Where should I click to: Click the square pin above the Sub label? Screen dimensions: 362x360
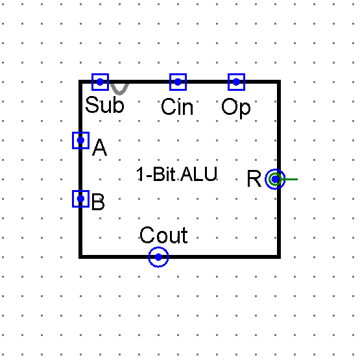point(100,82)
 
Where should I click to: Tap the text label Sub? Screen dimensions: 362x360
point(104,105)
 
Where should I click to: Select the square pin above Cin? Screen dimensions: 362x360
point(178,82)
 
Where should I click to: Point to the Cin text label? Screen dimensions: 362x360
point(177,107)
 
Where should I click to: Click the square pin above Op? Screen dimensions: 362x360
point(236,82)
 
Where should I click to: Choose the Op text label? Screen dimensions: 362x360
point(235,108)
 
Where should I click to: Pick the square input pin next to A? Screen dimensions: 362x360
point(80,140)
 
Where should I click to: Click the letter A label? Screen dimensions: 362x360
point(99,149)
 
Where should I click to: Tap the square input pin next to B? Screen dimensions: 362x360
point(80,199)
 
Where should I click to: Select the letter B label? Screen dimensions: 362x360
point(98,203)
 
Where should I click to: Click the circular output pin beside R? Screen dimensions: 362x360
point(275,179)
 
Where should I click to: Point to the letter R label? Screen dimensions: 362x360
point(254,179)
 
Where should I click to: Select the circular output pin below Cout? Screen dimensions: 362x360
point(158,257)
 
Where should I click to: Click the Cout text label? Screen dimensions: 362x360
point(163,235)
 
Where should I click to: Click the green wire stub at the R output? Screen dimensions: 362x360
point(291,179)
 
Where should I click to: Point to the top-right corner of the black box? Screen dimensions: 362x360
point(279,82)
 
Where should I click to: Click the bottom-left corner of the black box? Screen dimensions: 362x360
point(81,256)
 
